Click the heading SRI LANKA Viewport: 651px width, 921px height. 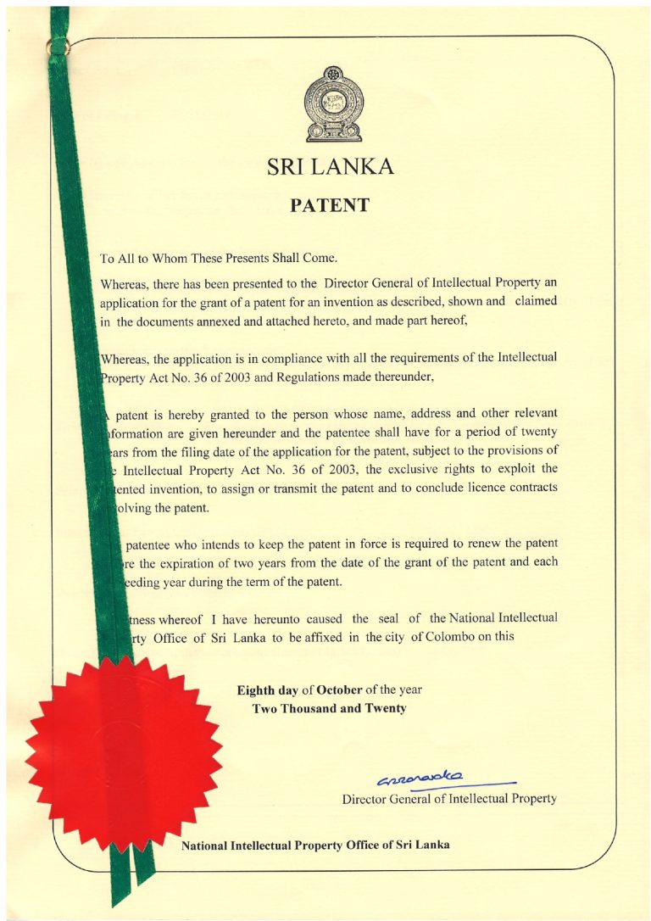[330, 167]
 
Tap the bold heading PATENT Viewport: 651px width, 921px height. [330, 205]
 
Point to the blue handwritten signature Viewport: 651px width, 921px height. [421, 779]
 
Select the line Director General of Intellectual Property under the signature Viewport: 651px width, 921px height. [449, 799]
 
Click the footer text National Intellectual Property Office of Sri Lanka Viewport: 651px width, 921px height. [315, 845]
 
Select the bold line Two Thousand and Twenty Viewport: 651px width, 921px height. [330, 708]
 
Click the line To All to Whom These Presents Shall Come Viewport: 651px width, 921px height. [219, 257]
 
